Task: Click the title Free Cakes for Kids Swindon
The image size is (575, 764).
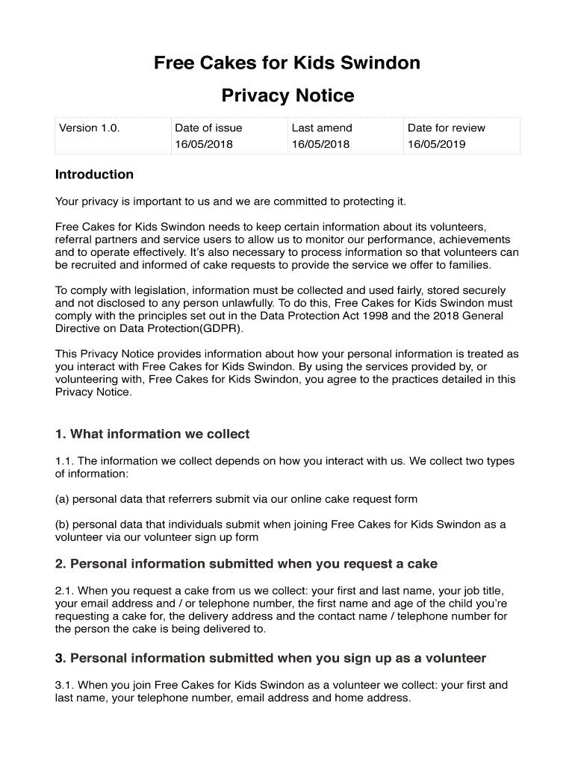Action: [x=287, y=63]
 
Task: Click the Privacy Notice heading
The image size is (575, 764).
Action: [x=287, y=96]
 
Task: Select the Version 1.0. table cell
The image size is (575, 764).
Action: [x=90, y=128]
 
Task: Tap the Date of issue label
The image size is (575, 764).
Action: [x=208, y=128]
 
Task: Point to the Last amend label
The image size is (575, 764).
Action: [x=322, y=128]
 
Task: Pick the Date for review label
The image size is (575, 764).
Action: [x=447, y=128]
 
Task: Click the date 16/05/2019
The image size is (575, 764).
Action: [x=437, y=144]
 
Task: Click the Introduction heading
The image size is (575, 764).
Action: [x=94, y=175]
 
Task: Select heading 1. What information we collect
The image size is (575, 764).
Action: [x=152, y=434]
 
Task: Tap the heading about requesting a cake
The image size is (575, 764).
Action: [x=246, y=564]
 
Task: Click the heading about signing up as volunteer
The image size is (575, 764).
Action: [x=270, y=658]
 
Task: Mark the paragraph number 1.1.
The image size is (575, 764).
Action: [x=64, y=461]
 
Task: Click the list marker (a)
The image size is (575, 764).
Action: [x=62, y=498]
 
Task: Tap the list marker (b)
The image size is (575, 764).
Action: [x=62, y=525]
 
